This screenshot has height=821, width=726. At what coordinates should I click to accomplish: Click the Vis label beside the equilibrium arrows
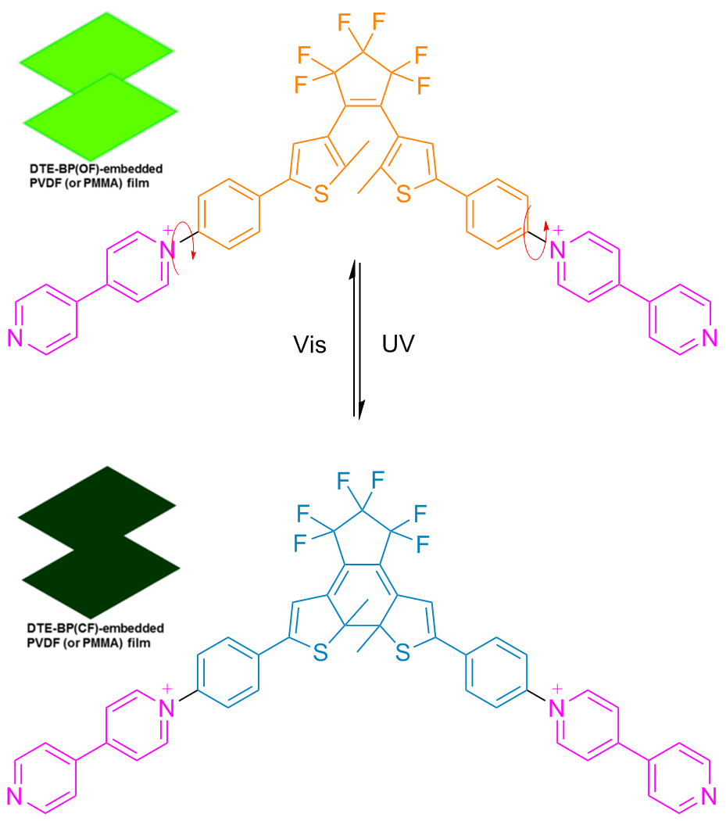tap(309, 345)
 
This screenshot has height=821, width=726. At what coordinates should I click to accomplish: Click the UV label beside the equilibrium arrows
tap(399, 344)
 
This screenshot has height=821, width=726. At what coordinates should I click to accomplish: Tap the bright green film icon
tap(98, 86)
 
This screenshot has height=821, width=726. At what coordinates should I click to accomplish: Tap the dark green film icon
tap(98, 542)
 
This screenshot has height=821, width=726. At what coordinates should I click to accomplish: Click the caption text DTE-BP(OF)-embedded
tap(96, 169)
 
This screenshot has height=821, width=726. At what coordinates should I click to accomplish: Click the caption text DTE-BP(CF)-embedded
tap(95, 628)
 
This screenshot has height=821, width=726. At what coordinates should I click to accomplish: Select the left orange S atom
tap(321, 194)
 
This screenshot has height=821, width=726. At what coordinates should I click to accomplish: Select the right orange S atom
tap(403, 194)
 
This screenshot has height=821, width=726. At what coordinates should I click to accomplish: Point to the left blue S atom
tap(320, 653)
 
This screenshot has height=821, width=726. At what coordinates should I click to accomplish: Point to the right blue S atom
tap(402, 653)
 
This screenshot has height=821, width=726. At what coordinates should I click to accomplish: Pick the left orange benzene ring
tap(229, 214)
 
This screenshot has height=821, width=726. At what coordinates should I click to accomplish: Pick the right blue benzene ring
tap(496, 672)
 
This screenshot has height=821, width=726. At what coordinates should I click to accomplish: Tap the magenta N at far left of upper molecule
tap(16, 338)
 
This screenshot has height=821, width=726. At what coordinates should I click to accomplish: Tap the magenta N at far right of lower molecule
tap(710, 796)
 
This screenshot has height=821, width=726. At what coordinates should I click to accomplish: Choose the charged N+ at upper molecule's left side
tap(167, 248)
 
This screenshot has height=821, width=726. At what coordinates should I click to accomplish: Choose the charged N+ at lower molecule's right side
tap(557, 706)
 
